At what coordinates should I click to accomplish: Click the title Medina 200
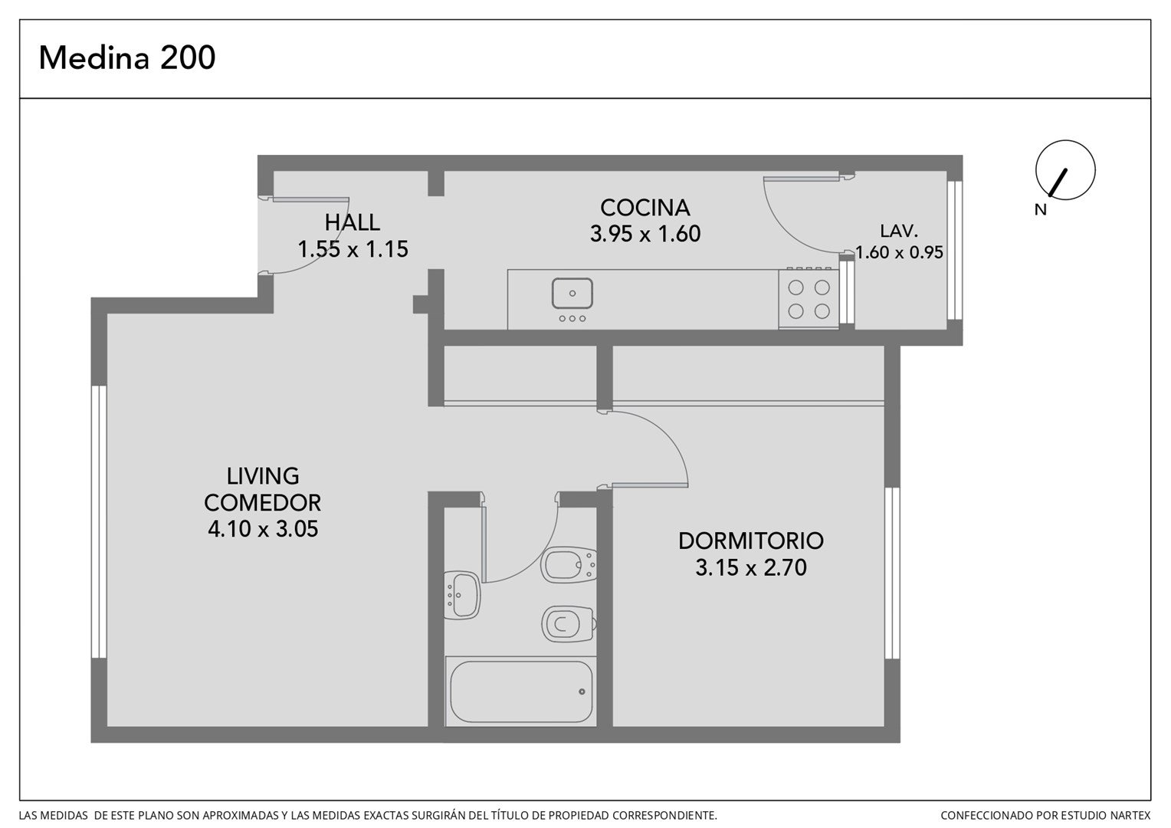pyautogui.click(x=127, y=58)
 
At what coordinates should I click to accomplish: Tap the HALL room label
pyautogui.click(x=353, y=222)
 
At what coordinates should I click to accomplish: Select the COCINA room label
pyautogui.click(x=645, y=208)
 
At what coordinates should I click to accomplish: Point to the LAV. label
pyautogui.click(x=899, y=231)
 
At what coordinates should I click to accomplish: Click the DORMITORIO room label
pyautogui.click(x=751, y=540)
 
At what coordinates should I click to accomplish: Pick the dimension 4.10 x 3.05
pyautogui.click(x=263, y=529)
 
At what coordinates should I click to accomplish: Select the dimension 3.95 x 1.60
pyautogui.click(x=645, y=233)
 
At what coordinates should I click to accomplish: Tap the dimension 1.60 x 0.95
pyautogui.click(x=899, y=252)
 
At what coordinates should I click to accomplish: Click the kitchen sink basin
pyautogui.click(x=572, y=294)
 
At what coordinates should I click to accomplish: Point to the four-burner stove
pyautogui.click(x=809, y=299)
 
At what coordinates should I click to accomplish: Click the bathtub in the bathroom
pyautogui.click(x=520, y=692)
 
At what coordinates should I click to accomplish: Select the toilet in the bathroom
pyautogui.click(x=569, y=624)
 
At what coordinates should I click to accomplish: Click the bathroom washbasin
pyautogui.click(x=462, y=595)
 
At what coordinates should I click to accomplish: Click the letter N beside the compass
pyautogui.click(x=1040, y=210)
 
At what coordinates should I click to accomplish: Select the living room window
pyautogui.click(x=99, y=521)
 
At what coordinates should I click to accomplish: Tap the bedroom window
pyautogui.click(x=892, y=573)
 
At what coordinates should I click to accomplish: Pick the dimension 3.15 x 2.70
pyautogui.click(x=751, y=567)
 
